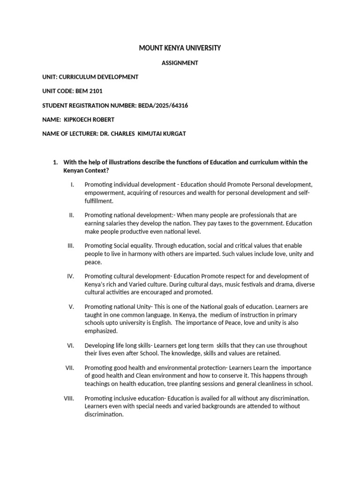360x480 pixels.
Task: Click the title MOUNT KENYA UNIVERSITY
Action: [180, 48]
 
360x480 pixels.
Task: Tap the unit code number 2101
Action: [95, 91]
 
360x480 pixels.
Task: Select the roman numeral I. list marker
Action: [72, 185]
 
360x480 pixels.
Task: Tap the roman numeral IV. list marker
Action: [70, 276]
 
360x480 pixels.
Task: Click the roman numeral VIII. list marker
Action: [69, 398]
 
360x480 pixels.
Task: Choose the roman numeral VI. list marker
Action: [70, 345]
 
